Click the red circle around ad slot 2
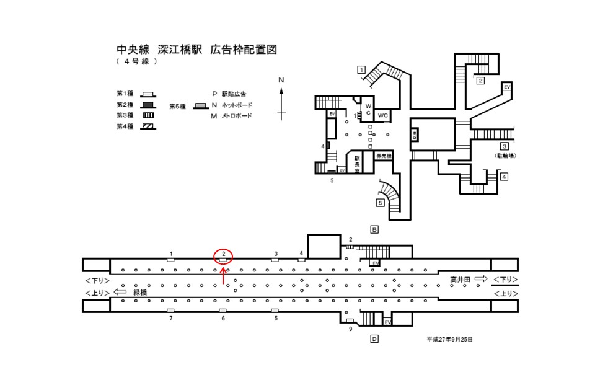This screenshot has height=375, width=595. [x=223, y=255]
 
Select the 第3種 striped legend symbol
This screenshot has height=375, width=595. [x=148, y=115]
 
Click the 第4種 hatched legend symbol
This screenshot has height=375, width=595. [x=148, y=126]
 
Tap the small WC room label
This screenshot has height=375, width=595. [x=383, y=116]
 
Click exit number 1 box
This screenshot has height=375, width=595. [x=360, y=69]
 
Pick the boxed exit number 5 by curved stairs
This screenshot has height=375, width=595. [x=380, y=203]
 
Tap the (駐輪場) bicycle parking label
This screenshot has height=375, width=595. [x=505, y=156]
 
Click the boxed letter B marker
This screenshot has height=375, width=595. [x=374, y=229]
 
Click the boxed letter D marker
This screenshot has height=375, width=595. [x=374, y=338]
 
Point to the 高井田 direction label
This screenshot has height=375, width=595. [x=461, y=280]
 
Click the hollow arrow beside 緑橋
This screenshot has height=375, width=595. [x=120, y=292]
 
